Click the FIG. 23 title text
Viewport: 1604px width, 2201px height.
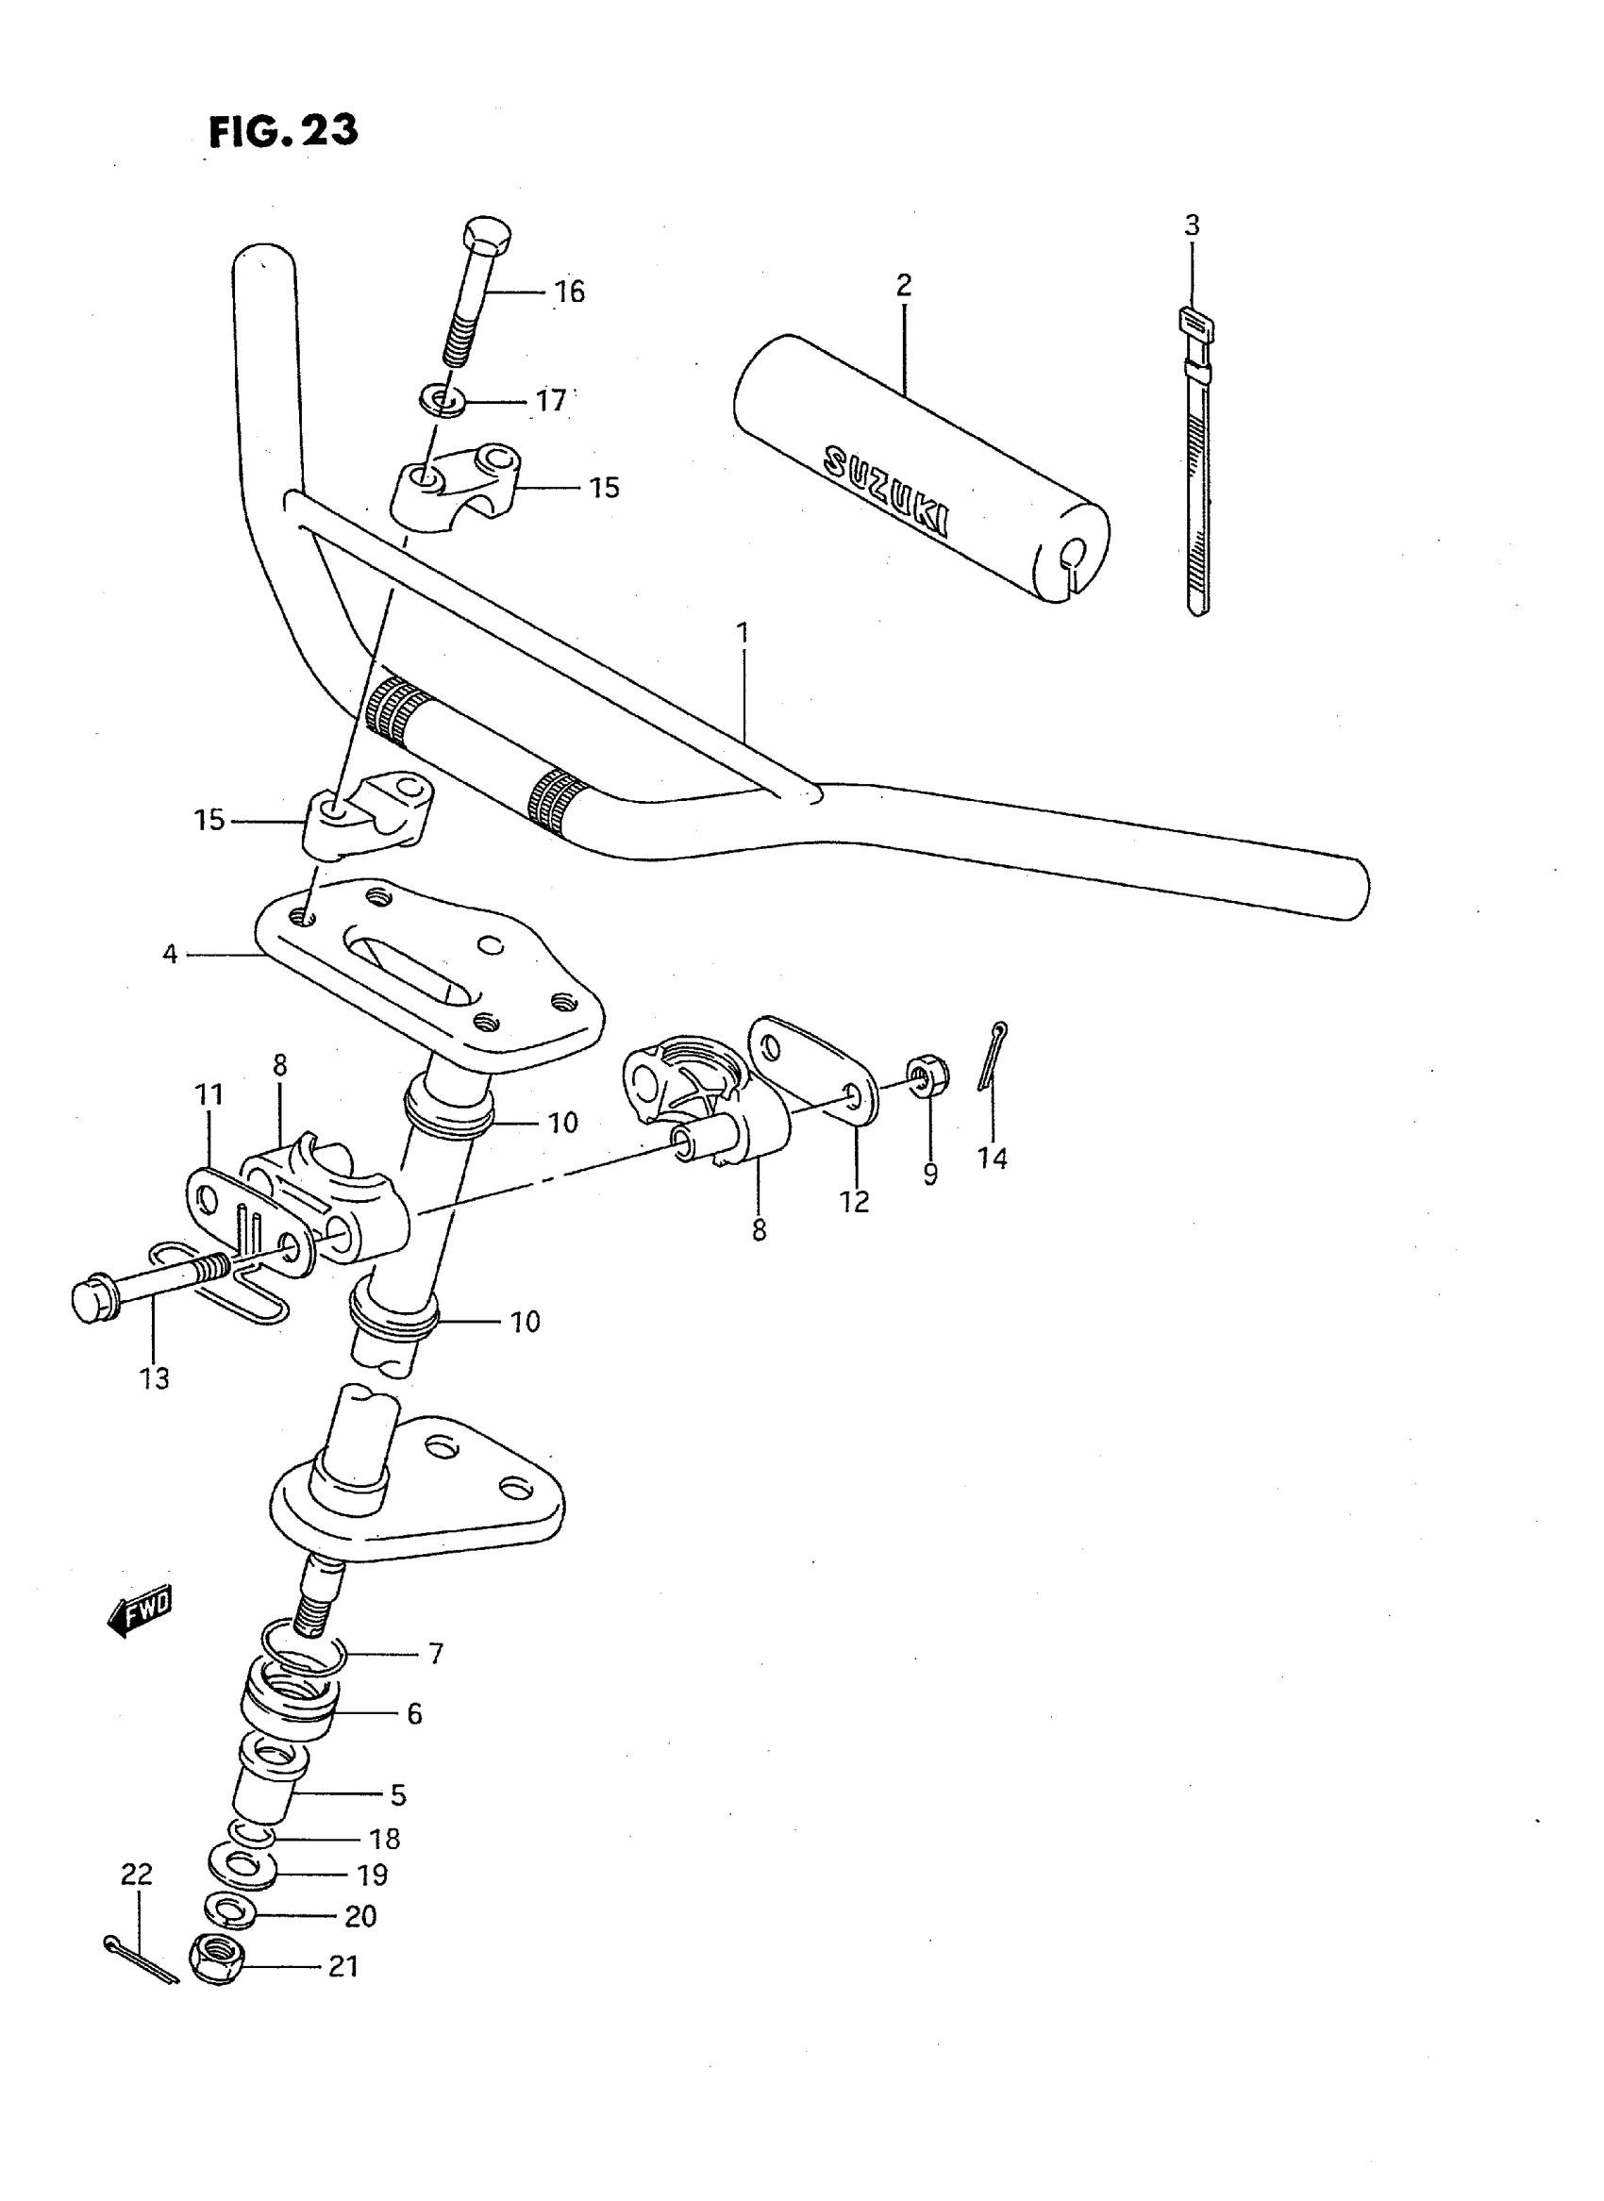point(283,130)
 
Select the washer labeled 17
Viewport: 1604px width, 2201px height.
point(443,399)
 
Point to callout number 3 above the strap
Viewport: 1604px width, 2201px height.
point(1192,225)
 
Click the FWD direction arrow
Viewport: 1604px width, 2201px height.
point(140,1612)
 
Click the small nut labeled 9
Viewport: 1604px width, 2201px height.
point(930,1075)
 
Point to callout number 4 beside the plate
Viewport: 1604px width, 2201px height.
point(170,956)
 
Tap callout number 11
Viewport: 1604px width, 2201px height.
point(209,1094)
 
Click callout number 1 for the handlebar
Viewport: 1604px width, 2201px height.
point(743,634)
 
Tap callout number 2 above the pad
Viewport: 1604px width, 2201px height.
point(903,286)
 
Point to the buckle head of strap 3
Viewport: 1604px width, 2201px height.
point(1192,321)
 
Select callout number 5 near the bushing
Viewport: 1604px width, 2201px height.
point(398,1795)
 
